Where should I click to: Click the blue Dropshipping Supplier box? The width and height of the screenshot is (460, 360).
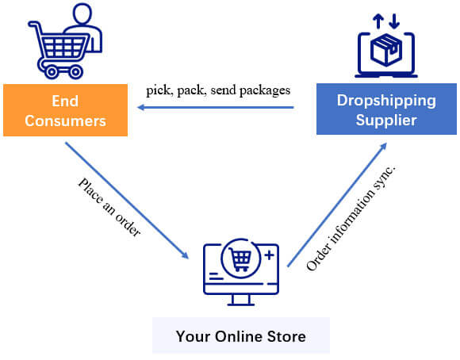(387, 109)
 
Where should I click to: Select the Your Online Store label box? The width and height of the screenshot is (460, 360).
(240, 335)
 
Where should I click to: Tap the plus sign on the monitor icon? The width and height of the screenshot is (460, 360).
(270, 256)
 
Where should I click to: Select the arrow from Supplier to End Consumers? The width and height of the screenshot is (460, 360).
(214, 110)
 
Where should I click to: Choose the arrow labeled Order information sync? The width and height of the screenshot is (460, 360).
(337, 202)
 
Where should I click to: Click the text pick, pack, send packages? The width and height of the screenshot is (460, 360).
(218, 90)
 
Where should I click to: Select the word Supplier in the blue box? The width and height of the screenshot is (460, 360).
(387, 121)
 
